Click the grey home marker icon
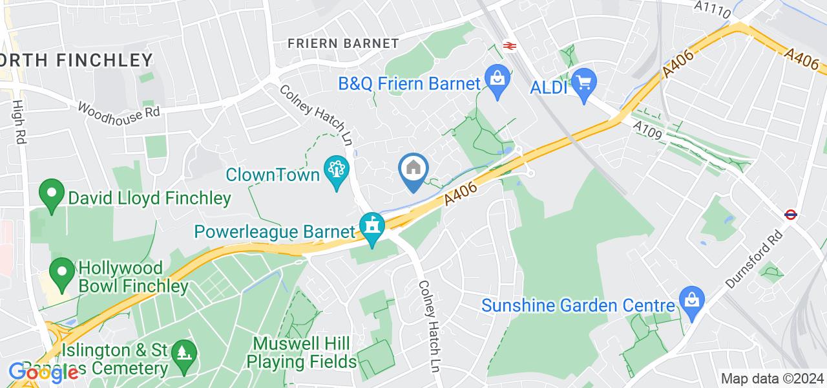click(413, 170)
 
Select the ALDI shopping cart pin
click(584, 83)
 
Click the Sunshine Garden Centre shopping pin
click(691, 301)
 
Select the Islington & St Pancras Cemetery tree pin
click(184, 354)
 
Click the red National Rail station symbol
click(508, 46)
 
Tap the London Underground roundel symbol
click(790, 215)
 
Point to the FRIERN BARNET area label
click(343, 43)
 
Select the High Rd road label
click(17, 121)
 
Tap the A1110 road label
click(713, 9)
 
